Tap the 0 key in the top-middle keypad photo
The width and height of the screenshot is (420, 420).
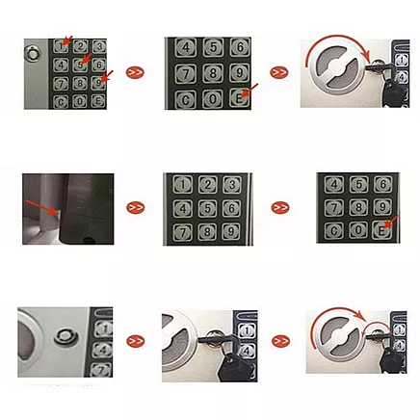pos(212,98)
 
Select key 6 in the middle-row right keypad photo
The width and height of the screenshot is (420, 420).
pos(382,184)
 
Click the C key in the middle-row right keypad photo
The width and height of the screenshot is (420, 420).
pos(333,230)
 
